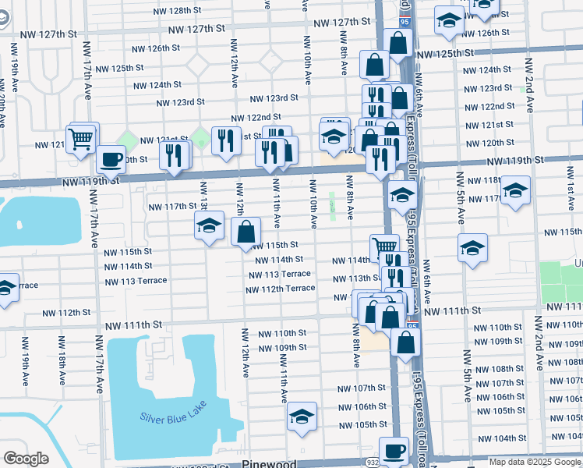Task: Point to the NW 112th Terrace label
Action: click(x=280, y=289)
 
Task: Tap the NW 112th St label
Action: click(x=66, y=312)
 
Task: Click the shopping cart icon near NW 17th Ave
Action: click(x=81, y=140)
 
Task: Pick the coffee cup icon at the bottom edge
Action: click(x=394, y=450)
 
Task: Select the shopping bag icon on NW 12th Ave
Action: click(x=246, y=231)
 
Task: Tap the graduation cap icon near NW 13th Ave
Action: click(x=209, y=225)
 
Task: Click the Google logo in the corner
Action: click(x=26, y=459)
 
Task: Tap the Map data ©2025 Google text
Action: click(x=534, y=462)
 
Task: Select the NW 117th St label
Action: click(x=172, y=206)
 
